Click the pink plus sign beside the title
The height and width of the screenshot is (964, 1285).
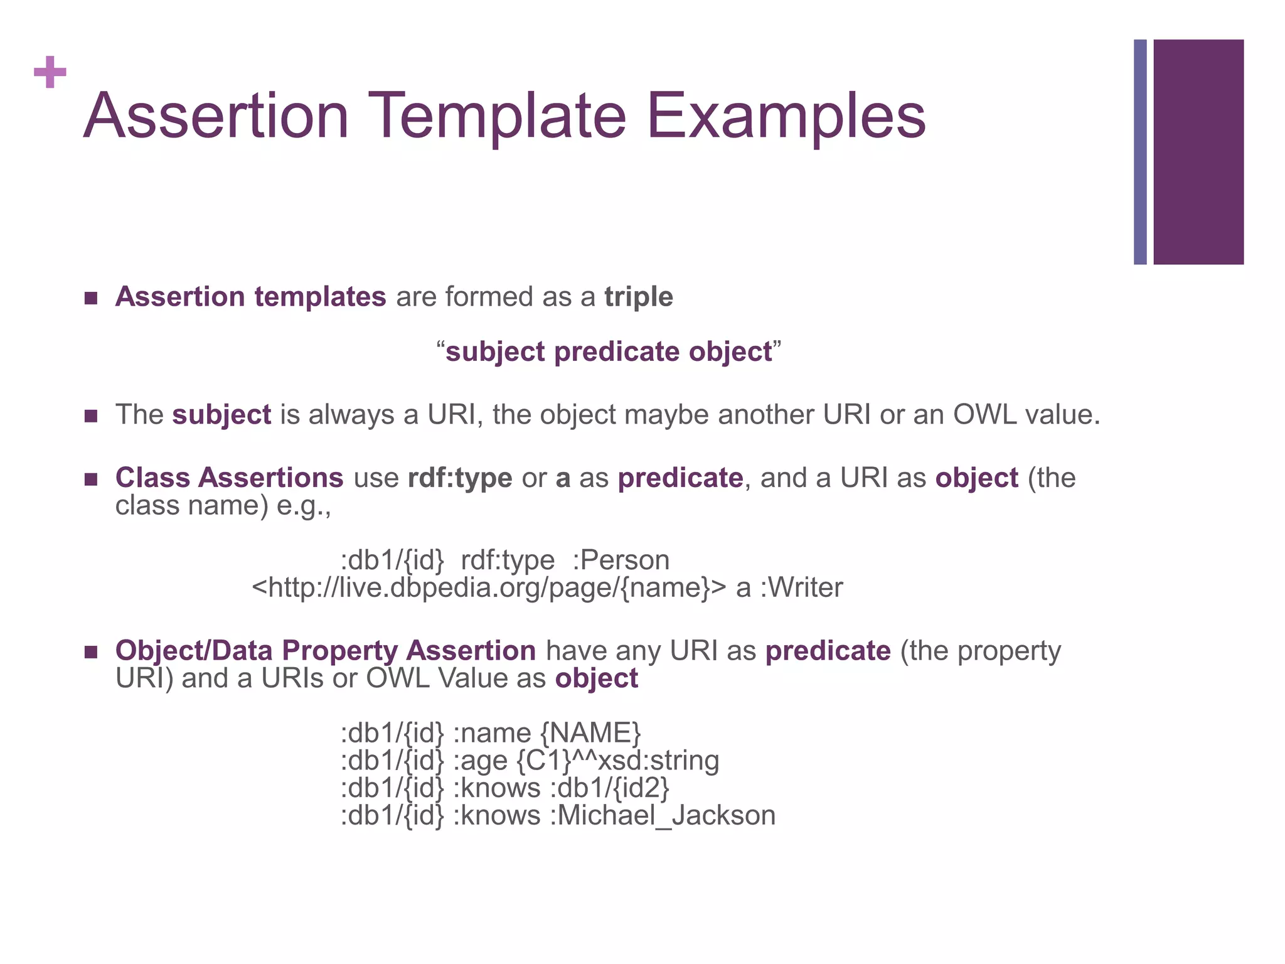[50, 72]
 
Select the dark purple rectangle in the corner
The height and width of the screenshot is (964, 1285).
[1198, 151]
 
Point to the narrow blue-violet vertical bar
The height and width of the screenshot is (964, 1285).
[1140, 151]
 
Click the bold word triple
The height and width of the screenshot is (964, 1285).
[638, 297]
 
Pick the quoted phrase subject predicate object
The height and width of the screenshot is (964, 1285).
[609, 351]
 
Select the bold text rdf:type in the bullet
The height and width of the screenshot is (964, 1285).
[460, 478]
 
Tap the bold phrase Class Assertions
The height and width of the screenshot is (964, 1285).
[229, 478]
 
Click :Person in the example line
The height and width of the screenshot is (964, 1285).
[621, 560]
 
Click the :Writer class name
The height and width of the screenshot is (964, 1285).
[801, 588]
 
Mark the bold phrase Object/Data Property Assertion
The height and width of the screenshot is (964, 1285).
[325, 651]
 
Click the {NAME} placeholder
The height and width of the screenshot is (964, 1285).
[590, 733]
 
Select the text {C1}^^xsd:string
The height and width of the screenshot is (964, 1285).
[617, 761]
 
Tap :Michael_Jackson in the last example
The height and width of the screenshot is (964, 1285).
[663, 816]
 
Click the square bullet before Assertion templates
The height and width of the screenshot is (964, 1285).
[91, 297]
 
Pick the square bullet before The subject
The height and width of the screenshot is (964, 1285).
[91, 415]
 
